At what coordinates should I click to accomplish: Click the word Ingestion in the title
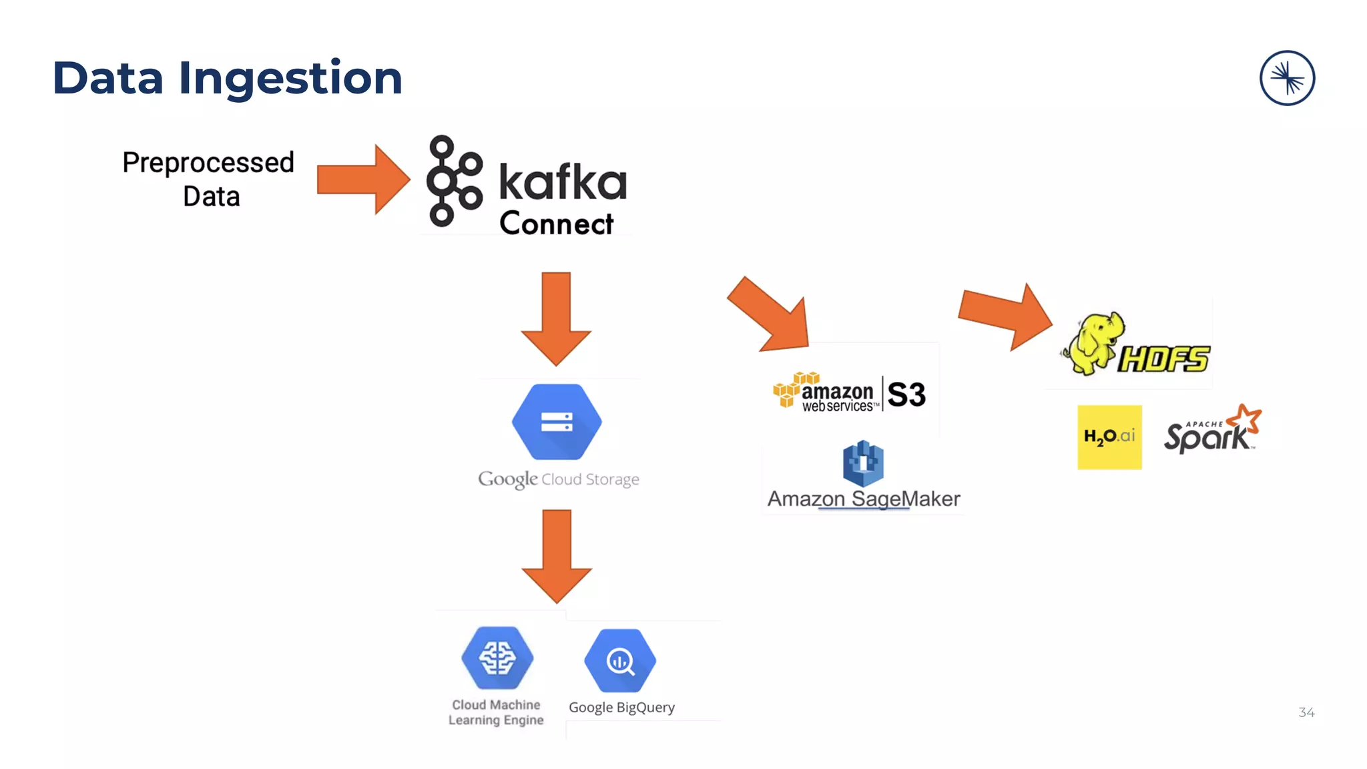point(290,79)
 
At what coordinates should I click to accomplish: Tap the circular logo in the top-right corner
point(1287,78)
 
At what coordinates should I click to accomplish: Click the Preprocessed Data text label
point(208,179)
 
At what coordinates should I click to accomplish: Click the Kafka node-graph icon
point(453,180)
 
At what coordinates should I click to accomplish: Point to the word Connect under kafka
point(556,224)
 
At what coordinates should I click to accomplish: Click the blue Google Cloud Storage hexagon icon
point(557,421)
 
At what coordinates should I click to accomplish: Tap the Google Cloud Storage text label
point(559,479)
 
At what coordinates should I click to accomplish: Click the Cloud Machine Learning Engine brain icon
point(497,658)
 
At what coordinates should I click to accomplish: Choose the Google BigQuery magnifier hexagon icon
point(620,660)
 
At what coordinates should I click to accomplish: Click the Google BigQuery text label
point(621,708)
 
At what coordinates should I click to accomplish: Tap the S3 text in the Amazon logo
point(906,395)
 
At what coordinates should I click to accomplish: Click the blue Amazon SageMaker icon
point(863,463)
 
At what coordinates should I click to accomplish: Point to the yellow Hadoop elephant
point(1093,342)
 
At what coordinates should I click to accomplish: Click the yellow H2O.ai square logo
point(1109,437)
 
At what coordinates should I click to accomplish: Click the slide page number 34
point(1306,712)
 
